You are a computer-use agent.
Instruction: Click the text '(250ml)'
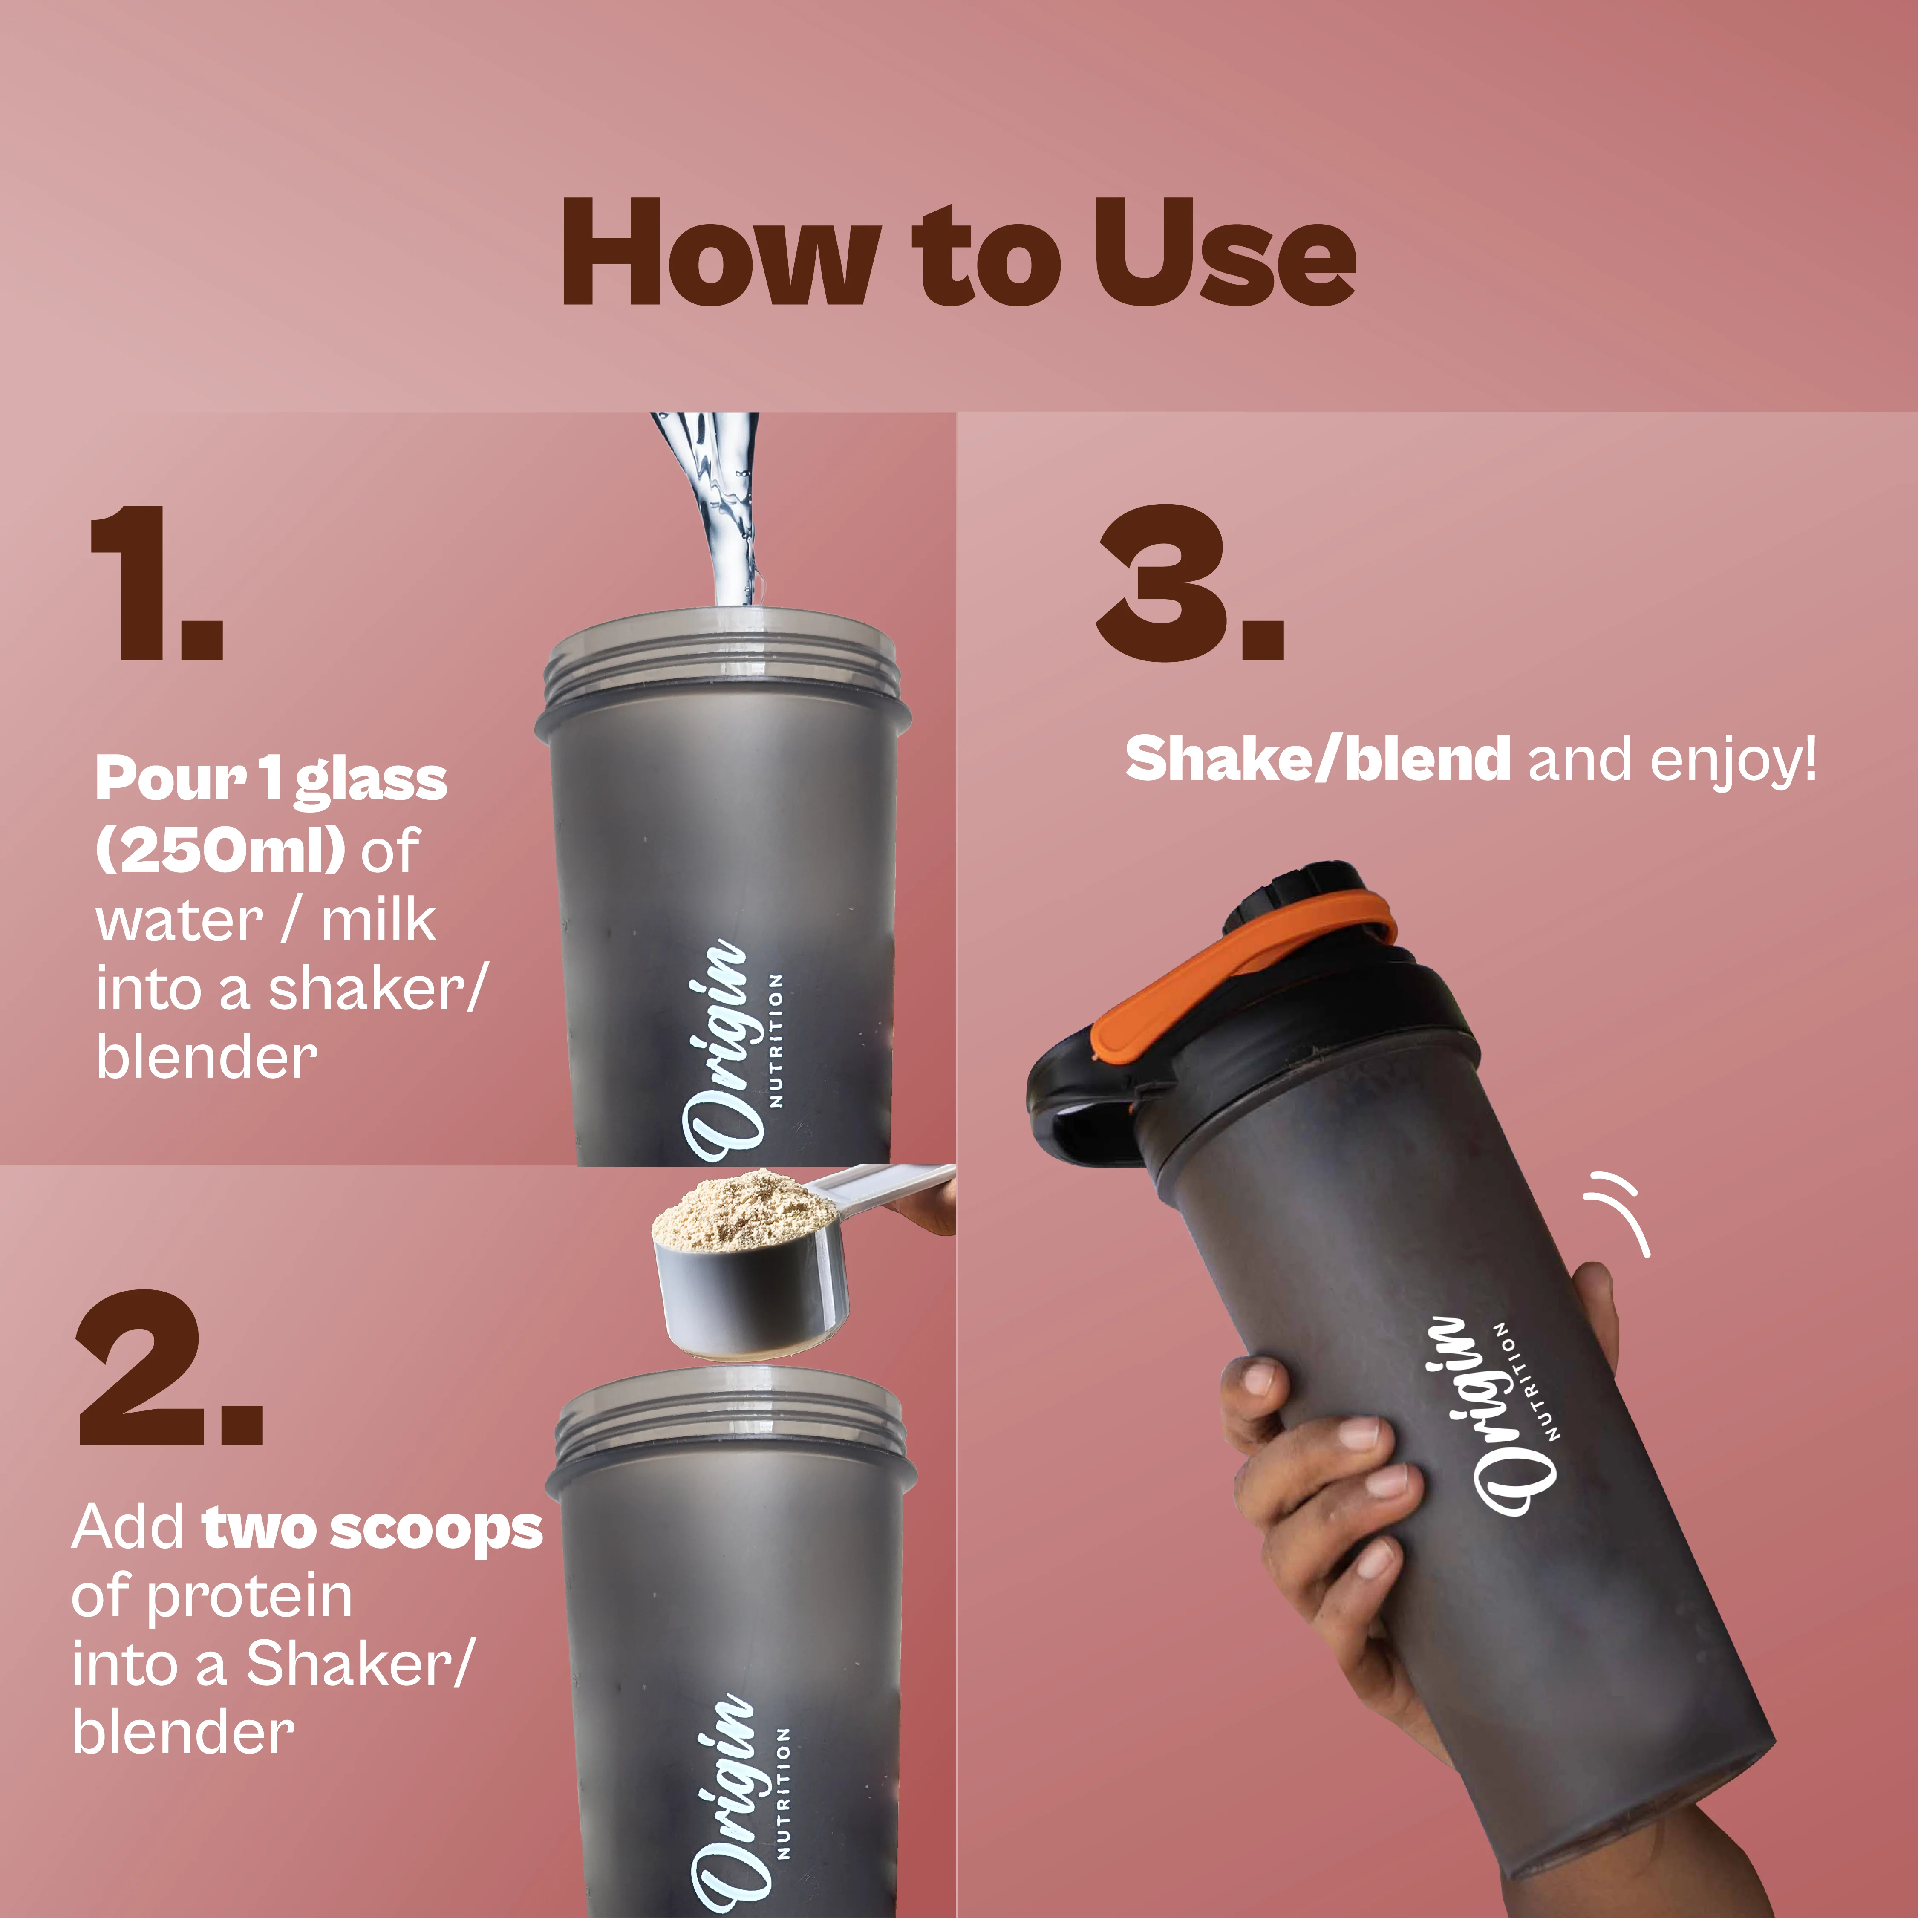(220, 850)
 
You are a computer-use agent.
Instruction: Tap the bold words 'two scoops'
(372, 1529)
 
